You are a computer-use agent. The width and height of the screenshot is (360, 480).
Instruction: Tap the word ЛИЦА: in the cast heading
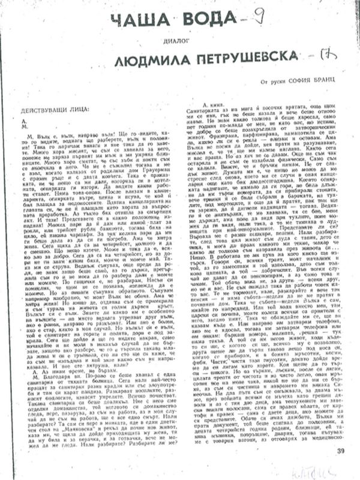click(x=82, y=110)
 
